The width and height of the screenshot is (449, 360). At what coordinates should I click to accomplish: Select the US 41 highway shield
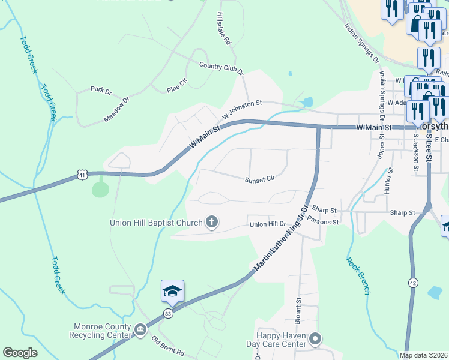click(x=83, y=174)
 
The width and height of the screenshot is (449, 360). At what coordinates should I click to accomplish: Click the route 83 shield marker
click(x=167, y=313)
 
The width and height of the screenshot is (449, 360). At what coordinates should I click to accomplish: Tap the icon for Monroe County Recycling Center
click(x=140, y=329)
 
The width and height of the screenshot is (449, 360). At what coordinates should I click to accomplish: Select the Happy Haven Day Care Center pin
click(x=315, y=340)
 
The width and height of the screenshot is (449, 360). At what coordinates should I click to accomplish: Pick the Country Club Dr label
click(x=221, y=67)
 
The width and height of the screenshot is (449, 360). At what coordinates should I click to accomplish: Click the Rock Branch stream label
click(x=358, y=275)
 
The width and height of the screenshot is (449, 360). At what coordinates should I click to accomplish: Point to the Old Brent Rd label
click(x=167, y=346)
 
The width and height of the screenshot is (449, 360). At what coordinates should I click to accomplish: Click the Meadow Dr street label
click(x=116, y=110)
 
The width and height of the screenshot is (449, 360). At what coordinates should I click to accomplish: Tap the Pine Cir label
click(x=178, y=89)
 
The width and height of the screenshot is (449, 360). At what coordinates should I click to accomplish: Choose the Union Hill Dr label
click(x=268, y=225)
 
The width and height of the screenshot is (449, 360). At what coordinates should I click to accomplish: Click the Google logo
click(x=20, y=353)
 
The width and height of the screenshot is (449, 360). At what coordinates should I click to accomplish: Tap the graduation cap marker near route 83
click(x=172, y=292)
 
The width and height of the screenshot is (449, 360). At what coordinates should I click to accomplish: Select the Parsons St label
click(x=323, y=221)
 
